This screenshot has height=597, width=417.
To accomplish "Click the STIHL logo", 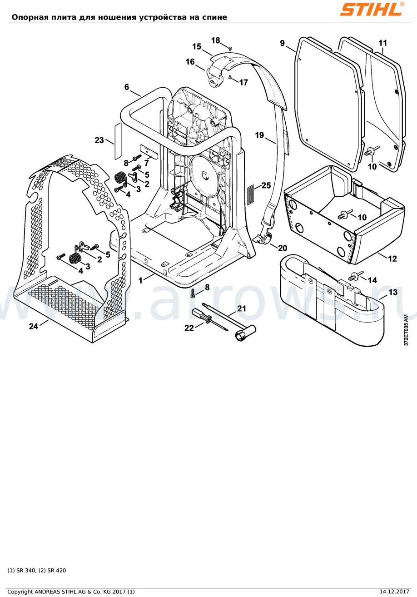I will click(x=372, y=10).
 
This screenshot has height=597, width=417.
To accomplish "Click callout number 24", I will click(x=34, y=326).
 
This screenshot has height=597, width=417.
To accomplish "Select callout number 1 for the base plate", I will click(x=140, y=280).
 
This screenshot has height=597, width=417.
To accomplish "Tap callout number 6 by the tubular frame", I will click(x=127, y=87).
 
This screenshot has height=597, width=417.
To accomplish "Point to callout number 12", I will click(x=392, y=259).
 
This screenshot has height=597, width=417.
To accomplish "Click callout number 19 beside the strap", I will click(x=259, y=135).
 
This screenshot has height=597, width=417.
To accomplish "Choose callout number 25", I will click(x=266, y=185).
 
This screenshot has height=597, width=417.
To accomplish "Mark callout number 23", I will click(x=99, y=140).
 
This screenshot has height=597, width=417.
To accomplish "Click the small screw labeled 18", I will click(x=231, y=48).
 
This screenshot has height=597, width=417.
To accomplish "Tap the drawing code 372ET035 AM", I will click(x=406, y=330).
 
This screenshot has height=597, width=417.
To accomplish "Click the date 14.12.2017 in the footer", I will click(x=394, y=592).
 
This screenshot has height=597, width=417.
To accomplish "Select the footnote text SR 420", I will click(x=57, y=570).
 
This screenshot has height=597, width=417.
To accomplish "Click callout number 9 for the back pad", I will click(x=282, y=43).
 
